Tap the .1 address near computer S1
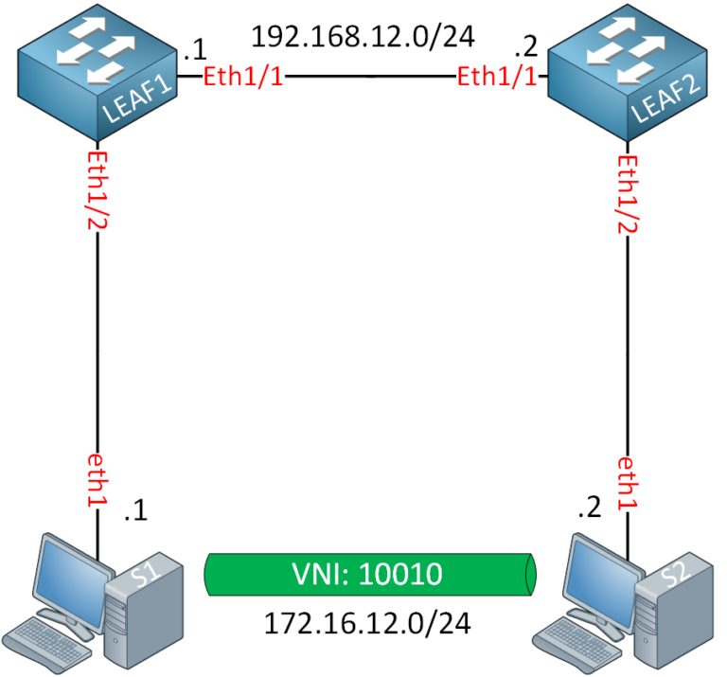[136, 512]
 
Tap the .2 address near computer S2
[588, 510]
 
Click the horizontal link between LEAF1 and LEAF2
[370, 78]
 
